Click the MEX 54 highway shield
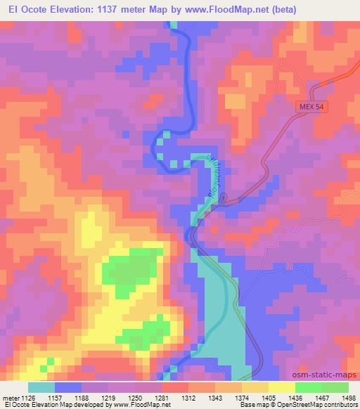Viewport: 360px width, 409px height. (x=311, y=104)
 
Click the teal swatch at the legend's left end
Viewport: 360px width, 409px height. (x=41, y=387)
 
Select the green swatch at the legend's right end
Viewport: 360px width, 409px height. (x=335, y=387)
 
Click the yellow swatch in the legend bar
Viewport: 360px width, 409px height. (x=281, y=387)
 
